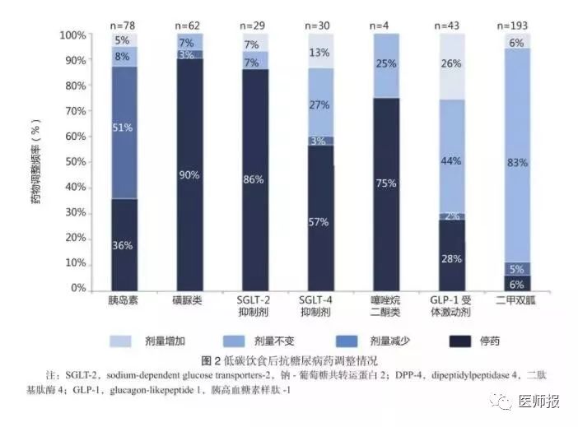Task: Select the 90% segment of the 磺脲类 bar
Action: pos(189,174)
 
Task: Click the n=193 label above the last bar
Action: pos(517,25)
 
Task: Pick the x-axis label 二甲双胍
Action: pos(517,300)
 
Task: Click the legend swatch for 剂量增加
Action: pos(123,341)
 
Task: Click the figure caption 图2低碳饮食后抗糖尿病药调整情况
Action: pos(283,360)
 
